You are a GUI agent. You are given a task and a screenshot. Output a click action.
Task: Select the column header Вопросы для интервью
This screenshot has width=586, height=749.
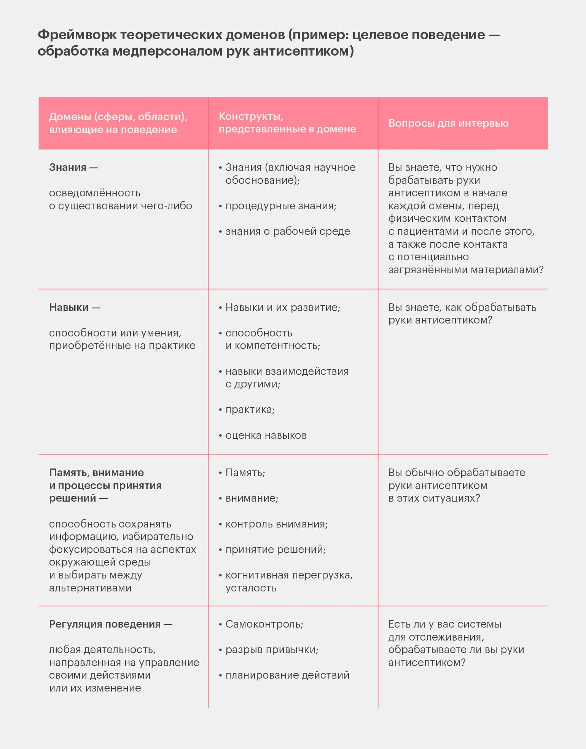tap(448, 123)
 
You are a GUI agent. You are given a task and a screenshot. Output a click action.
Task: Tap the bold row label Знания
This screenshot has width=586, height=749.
tap(68, 167)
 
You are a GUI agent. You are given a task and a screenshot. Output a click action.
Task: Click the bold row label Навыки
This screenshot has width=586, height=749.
tap(69, 307)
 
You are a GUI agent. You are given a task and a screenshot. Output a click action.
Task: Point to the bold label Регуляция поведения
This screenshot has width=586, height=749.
tap(105, 624)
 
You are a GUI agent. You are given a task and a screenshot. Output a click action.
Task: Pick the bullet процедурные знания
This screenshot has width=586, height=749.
tap(281, 206)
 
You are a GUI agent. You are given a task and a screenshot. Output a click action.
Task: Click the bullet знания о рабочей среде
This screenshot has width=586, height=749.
tap(288, 231)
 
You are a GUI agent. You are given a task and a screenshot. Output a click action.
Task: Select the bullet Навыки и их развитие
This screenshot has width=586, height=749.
tap(283, 307)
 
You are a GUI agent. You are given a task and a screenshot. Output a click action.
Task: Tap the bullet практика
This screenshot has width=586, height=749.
tap(250, 410)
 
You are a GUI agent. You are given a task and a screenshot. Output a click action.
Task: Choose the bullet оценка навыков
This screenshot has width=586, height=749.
tap(266, 435)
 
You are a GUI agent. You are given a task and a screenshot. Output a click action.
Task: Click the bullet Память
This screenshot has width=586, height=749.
tap(245, 473)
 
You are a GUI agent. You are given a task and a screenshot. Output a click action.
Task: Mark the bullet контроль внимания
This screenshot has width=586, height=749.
tap(277, 524)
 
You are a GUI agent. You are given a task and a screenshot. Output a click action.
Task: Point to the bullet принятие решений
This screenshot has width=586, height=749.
tap(275, 550)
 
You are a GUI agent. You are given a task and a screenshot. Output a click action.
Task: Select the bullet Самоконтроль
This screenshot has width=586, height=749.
tap(264, 624)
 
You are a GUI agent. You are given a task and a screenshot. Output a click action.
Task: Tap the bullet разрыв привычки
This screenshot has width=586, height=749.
tap(272, 650)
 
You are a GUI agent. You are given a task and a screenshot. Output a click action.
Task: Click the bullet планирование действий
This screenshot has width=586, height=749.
tap(287, 675)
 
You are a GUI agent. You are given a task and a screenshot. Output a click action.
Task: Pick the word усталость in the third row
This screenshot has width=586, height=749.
tap(251, 588)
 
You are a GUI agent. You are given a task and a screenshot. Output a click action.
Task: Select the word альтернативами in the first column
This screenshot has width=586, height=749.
tap(90, 588)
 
